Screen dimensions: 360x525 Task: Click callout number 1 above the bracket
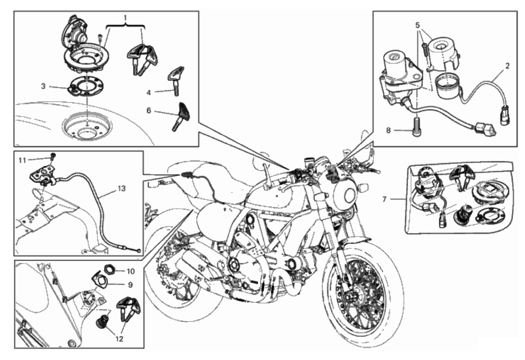pyautogui.click(x=125, y=18)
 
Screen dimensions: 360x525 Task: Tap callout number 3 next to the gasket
pyautogui.click(x=43, y=86)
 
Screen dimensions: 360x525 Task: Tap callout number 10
pyautogui.click(x=130, y=271)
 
